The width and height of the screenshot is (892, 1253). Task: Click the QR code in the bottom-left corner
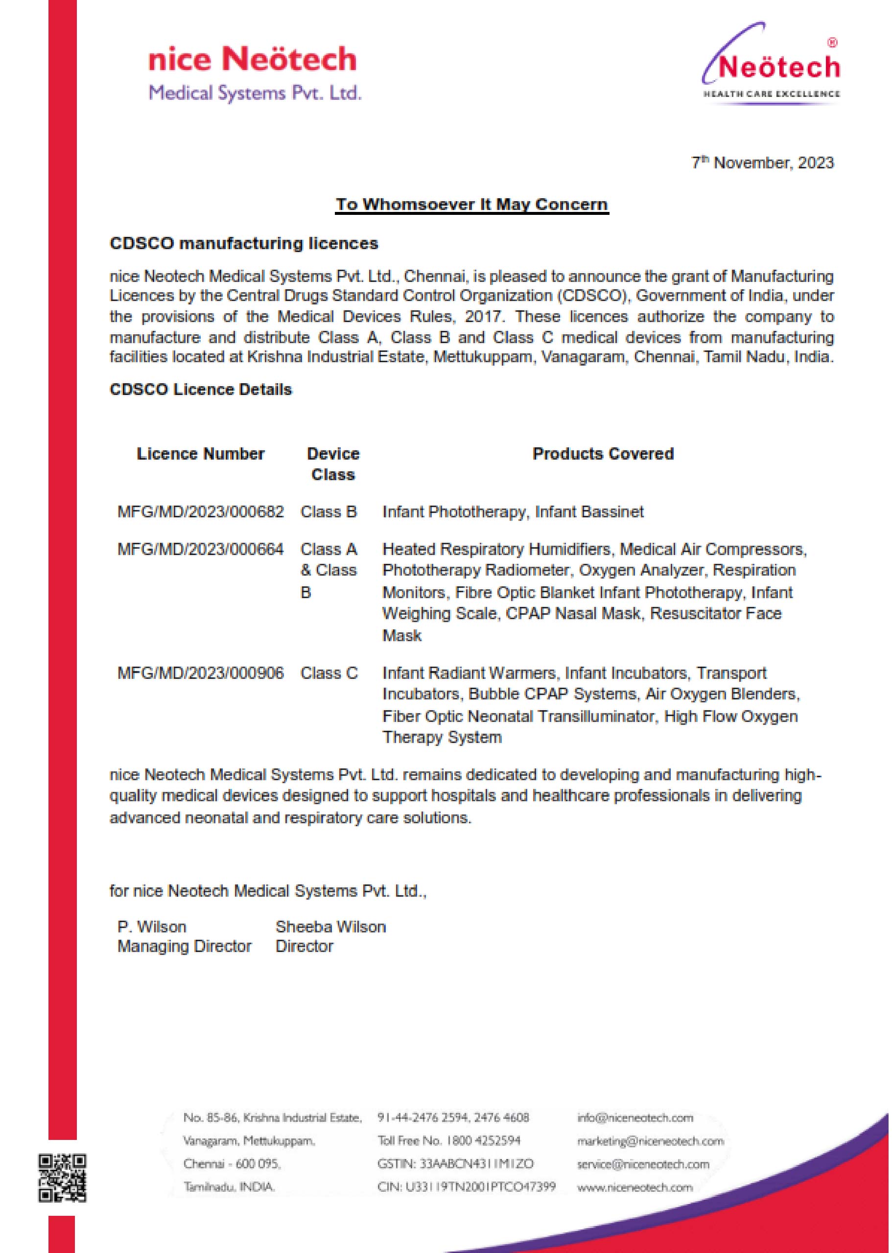62,1178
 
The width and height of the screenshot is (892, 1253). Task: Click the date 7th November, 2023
762,162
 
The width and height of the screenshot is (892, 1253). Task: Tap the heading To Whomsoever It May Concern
472,204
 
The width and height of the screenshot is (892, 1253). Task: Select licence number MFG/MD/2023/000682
201,512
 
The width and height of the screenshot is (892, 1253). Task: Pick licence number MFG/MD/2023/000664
201,549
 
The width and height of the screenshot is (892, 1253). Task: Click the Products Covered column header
603,454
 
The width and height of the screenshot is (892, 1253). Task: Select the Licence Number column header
201,454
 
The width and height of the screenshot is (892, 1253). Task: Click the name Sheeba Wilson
330,927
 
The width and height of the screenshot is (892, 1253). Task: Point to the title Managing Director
184,946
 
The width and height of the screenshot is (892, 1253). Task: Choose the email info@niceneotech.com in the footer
634,1117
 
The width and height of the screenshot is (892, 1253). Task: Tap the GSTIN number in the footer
455,1163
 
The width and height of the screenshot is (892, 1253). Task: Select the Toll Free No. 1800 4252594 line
449,1140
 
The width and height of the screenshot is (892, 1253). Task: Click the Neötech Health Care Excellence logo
771,66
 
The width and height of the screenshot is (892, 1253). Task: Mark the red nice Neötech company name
252,59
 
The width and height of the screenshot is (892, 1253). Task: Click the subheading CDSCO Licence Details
201,389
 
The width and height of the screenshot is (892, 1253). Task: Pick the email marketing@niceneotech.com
650,1140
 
